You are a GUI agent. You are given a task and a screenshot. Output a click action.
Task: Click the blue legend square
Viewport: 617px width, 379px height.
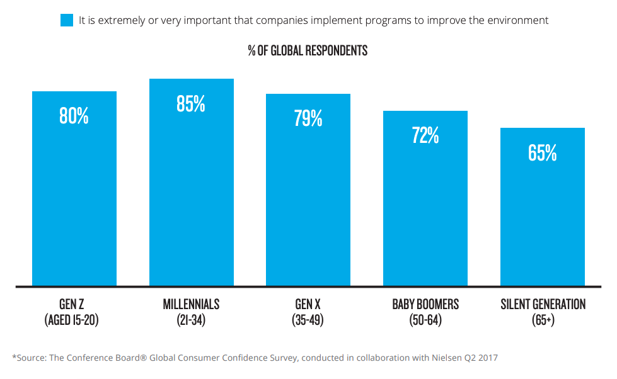pyautogui.click(x=67, y=20)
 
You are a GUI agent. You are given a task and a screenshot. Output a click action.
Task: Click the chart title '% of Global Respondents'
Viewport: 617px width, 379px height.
pyautogui.click(x=308, y=51)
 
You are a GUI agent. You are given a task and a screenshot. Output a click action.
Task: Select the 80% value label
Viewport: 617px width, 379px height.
pyautogui.click(x=74, y=116)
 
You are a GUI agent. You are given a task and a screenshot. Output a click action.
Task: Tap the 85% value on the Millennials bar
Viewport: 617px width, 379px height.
pyautogui.click(x=191, y=104)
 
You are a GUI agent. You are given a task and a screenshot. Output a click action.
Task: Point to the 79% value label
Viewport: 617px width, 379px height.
pyautogui.click(x=308, y=118)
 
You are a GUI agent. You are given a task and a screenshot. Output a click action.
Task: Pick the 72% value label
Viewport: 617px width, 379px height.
pyautogui.click(x=425, y=135)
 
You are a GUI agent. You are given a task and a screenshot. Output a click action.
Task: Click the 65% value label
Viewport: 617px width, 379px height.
pyautogui.click(x=542, y=153)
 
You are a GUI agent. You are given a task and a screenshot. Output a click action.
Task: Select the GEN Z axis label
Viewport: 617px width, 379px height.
pyautogui.click(x=72, y=305)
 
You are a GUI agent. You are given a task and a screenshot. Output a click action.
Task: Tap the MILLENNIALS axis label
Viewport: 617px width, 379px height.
pyautogui.click(x=191, y=305)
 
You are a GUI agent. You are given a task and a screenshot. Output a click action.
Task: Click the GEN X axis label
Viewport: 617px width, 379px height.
pyautogui.click(x=308, y=305)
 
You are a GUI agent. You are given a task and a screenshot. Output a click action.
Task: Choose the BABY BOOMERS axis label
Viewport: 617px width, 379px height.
pyautogui.click(x=425, y=305)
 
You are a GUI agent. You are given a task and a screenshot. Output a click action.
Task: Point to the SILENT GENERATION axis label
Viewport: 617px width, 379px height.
pyautogui.click(x=543, y=305)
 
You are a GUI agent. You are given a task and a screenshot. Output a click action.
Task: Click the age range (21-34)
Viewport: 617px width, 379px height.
pyautogui.click(x=191, y=320)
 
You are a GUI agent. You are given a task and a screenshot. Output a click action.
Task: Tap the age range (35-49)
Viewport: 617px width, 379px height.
pyautogui.click(x=308, y=320)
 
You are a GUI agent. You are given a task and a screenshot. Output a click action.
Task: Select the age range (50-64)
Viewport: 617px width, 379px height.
pyautogui.click(x=425, y=320)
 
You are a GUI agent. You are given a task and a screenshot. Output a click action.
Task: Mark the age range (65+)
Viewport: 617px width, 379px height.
pyautogui.click(x=543, y=320)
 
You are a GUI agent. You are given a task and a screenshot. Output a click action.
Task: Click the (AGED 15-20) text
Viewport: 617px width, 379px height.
pyautogui.click(x=72, y=320)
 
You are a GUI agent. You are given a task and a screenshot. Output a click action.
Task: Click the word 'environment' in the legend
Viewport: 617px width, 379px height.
pyautogui.click(x=517, y=20)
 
